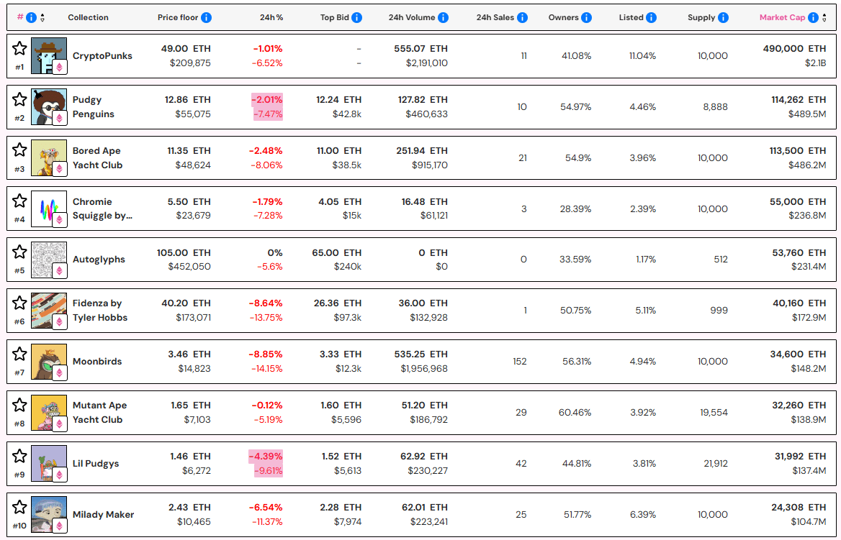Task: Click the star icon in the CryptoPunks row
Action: point(19,48)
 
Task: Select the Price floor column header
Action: point(178,17)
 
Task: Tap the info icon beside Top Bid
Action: point(356,17)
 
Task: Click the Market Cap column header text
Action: point(782,17)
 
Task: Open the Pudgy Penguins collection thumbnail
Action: point(48,106)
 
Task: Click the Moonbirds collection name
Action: point(97,362)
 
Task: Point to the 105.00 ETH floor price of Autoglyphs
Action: point(184,252)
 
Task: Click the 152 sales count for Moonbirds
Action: point(519,362)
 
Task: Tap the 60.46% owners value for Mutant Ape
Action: point(575,413)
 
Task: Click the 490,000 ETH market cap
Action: point(794,48)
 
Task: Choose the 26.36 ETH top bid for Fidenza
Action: point(341,303)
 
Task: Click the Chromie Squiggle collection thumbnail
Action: point(48,209)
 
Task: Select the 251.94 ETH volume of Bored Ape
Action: point(424,150)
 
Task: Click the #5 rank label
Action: point(19,271)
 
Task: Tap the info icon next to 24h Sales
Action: point(522,17)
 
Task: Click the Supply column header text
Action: point(701,17)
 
